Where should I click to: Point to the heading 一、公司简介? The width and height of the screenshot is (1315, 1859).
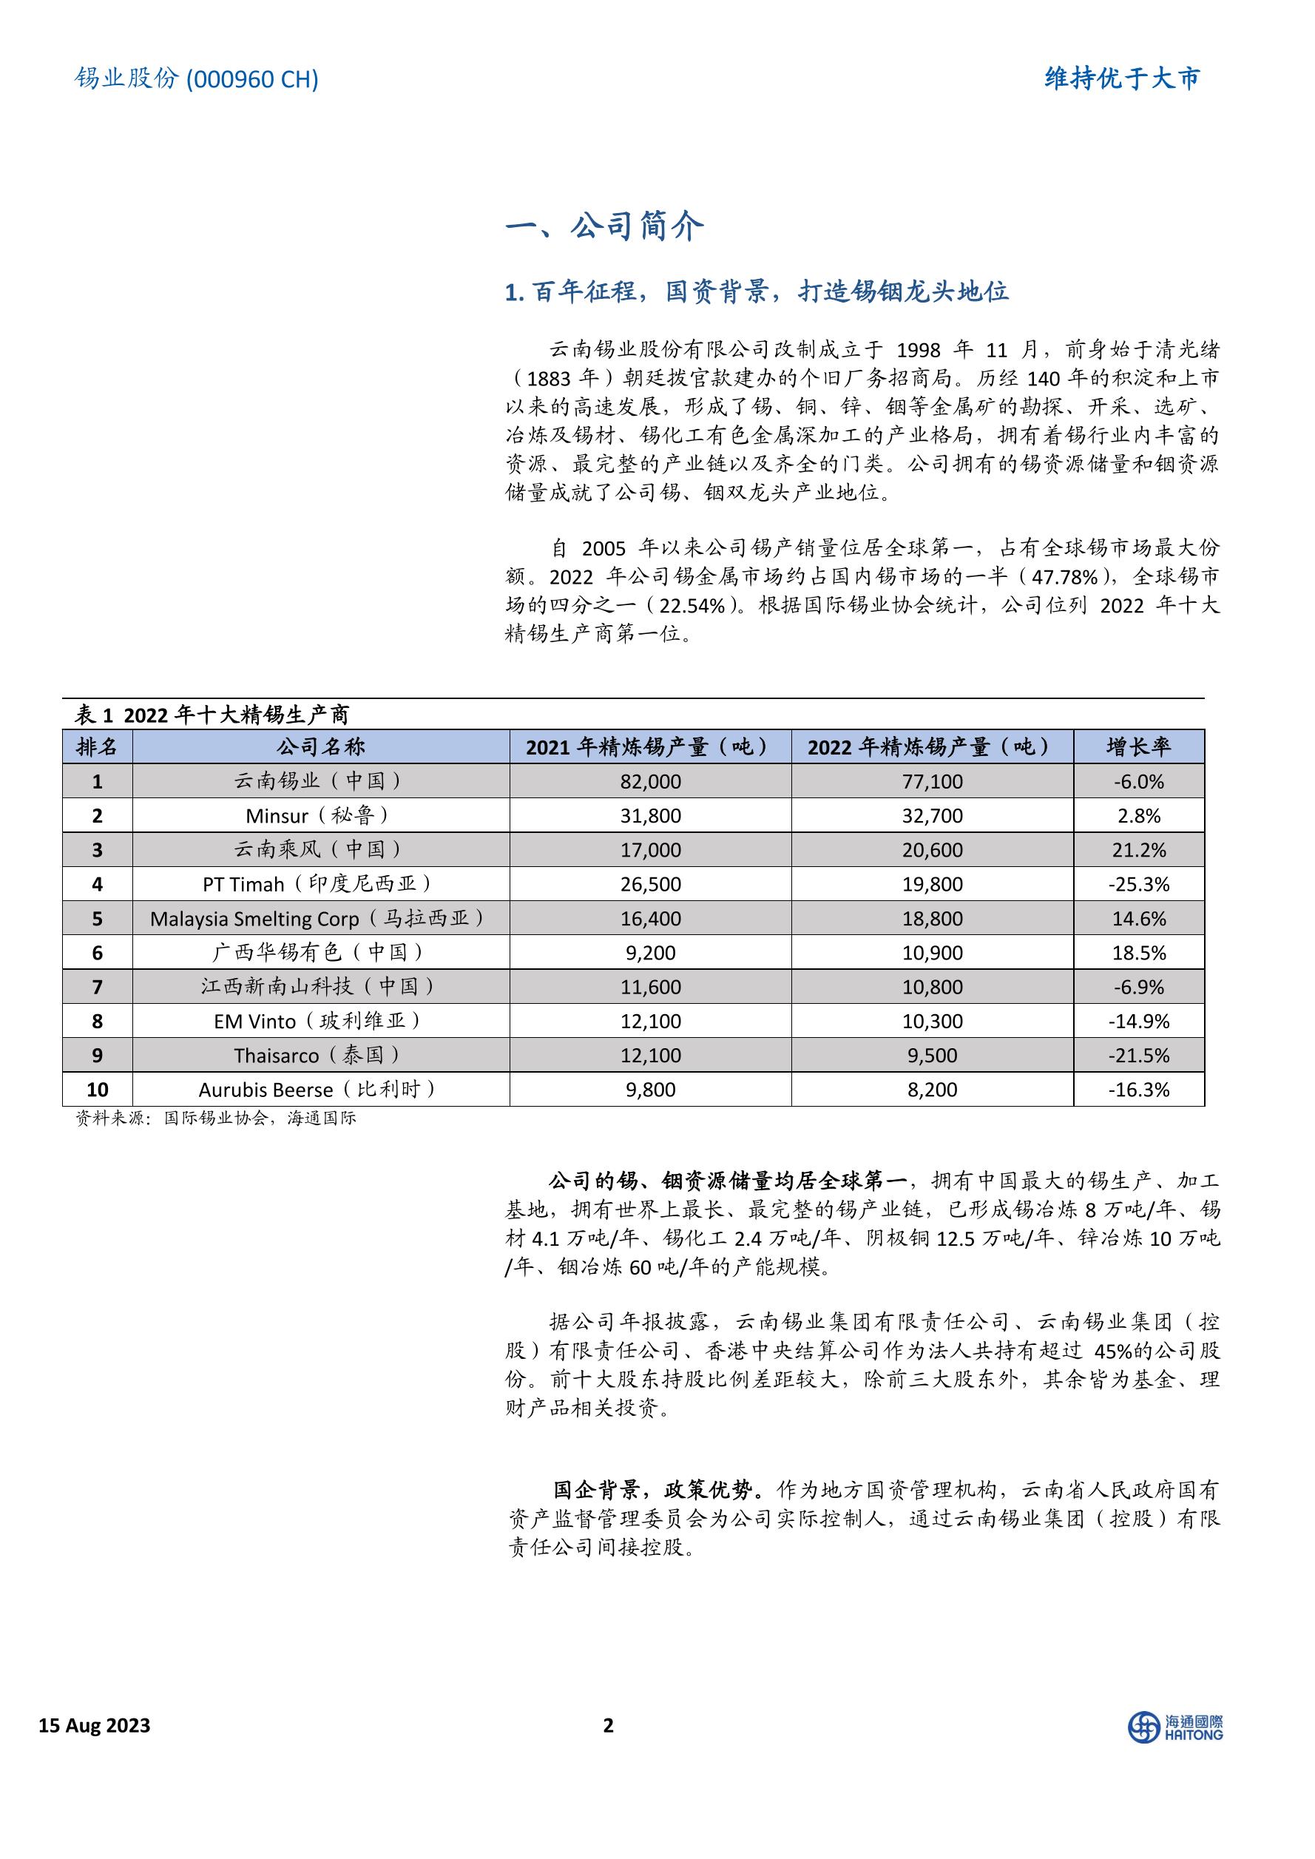click(604, 226)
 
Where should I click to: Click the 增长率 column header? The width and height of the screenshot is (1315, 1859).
click(1138, 746)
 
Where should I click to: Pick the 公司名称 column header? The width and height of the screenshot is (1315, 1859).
click(321, 746)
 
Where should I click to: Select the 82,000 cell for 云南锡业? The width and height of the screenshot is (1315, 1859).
click(650, 781)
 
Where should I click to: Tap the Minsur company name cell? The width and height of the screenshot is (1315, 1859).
click(321, 815)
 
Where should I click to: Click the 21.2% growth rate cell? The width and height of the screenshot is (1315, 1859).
click(1138, 850)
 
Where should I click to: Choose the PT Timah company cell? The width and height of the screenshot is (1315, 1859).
click(321, 884)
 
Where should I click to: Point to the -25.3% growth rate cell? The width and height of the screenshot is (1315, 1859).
click(1138, 884)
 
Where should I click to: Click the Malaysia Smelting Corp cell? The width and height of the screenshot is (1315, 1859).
click(321, 918)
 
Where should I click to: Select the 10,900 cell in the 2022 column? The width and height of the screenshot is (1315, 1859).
click(932, 953)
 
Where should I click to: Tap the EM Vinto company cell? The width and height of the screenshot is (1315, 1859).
click(321, 1021)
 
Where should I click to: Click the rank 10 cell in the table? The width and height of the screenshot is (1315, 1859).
click(97, 1090)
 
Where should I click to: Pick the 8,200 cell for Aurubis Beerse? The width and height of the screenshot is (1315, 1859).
click(932, 1090)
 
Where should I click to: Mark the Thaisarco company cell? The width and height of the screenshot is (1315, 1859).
click(321, 1056)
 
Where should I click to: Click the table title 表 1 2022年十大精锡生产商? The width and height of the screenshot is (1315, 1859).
click(212, 715)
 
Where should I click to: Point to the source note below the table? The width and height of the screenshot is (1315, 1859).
click(215, 1119)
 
